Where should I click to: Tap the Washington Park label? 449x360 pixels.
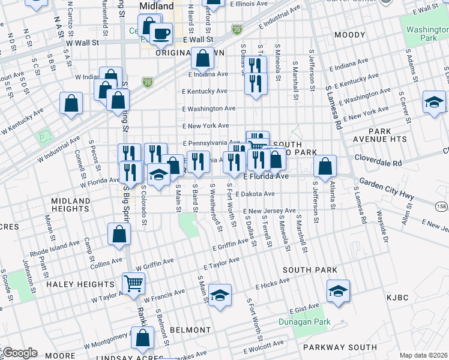[x=426, y=33]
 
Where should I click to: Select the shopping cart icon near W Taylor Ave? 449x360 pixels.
[x=133, y=283]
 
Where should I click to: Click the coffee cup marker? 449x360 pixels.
[x=161, y=34]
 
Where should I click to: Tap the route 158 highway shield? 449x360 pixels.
[x=441, y=206]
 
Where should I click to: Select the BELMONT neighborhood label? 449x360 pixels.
[x=190, y=330]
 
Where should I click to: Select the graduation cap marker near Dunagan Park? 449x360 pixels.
[x=338, y=292]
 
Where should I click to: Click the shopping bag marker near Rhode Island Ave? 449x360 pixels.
[x=119, y=235]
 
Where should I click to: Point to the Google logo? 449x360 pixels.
[x=19, y=352]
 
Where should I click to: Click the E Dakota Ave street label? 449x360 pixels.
[x=255, y=194]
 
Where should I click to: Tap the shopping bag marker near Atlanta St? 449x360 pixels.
[x=325, y=166]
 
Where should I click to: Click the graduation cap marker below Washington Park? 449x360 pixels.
[x=434, y=102]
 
